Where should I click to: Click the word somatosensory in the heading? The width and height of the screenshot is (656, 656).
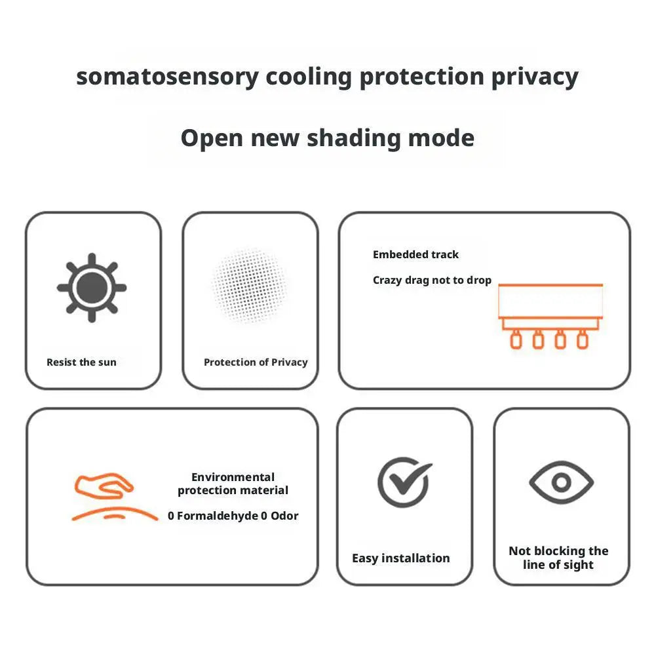coord(167,77)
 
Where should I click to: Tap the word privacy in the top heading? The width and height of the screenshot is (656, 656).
coord(535,78)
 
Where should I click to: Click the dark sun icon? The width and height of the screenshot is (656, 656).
coord(92,288)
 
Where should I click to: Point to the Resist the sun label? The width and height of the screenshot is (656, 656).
coord(81,362)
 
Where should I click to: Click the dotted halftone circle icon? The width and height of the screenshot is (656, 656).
coord(250,286)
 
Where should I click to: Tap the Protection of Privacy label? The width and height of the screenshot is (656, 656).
coord(256,362)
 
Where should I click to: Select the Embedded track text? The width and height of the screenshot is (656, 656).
coord(415,254)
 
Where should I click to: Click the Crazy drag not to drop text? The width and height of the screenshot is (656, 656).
coord(432,280)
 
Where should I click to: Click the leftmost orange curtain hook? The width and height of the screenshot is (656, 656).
coord(516,339)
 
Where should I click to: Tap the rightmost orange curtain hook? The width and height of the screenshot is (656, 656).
coord(583,339)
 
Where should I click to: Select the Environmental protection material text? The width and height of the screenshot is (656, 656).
coord(233,484)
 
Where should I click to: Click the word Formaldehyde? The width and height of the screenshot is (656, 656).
coord(218,516)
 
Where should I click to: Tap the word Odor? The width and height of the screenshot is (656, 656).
coord(284,516)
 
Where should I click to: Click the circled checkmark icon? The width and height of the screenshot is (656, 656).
coord(404,482)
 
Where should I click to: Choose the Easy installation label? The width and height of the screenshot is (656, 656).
coord(401,558)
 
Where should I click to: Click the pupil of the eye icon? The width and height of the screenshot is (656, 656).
coord(562,482)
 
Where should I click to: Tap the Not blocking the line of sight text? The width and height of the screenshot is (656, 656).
coord(558,558)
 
